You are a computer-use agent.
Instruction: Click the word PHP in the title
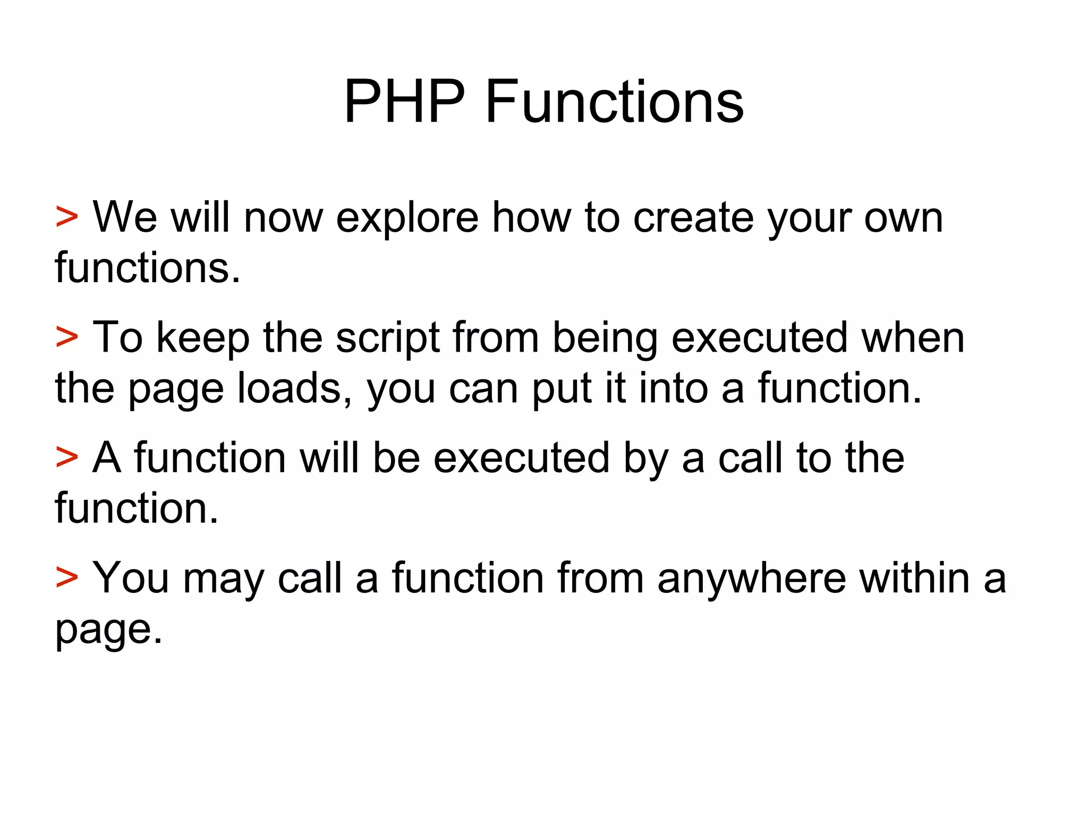(404, 101)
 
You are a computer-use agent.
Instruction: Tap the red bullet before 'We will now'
(67, 217)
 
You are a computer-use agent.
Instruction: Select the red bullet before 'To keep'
(67, 337)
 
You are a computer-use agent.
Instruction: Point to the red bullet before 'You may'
(67, 577)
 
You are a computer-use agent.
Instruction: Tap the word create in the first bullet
(693, 218)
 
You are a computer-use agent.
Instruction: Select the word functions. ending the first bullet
(148, 267)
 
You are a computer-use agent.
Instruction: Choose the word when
(912, 338)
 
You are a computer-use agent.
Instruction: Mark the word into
(673, 388)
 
